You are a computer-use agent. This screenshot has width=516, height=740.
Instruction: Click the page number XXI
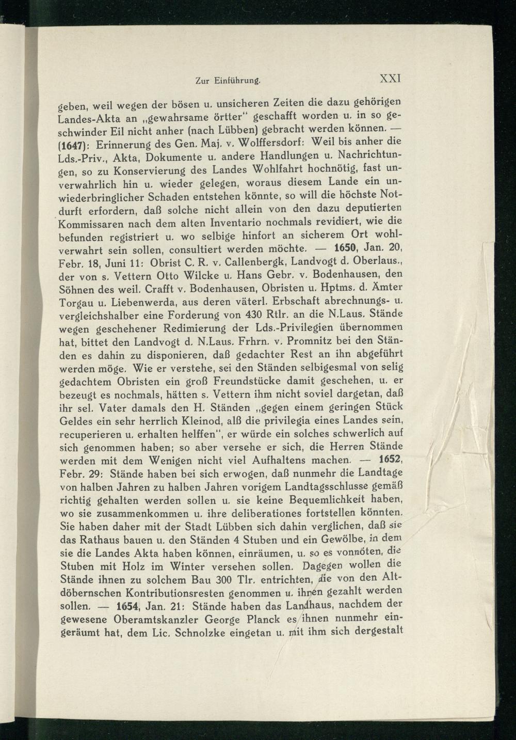pyautogui.click(x=391, y=79)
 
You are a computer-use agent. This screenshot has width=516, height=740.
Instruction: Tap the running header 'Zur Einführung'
pyautogui.click(x=228, y=81)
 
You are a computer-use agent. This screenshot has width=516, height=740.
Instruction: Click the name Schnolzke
pyautogui.click(x=191, y=632)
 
